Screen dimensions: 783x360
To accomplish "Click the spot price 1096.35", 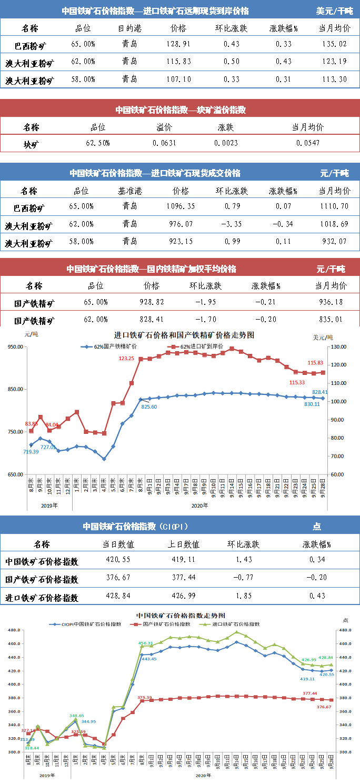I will point(179,206).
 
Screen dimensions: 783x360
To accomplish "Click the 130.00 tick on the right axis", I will point(338,346).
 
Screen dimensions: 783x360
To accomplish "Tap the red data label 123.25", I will point(126,358).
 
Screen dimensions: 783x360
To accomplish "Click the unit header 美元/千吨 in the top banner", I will point(335,11).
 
